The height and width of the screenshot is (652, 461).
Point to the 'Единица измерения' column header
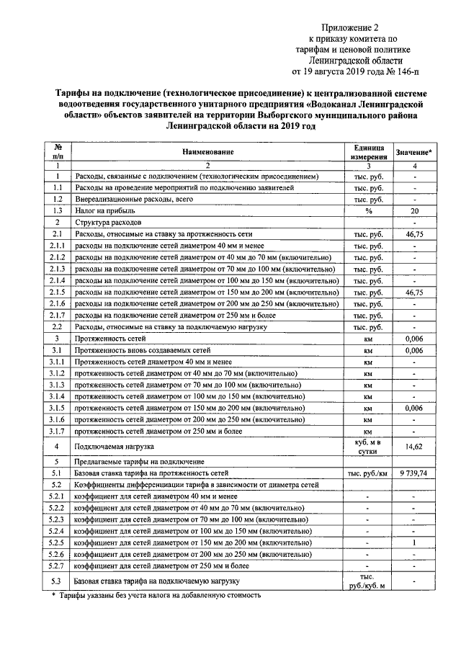(367, 152)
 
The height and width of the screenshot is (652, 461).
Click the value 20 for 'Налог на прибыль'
(414, 210)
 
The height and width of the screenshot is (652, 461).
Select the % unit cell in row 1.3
(367, 210)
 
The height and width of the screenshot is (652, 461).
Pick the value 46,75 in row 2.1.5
(414, 292)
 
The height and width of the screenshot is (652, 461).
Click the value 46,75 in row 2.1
(414, 234)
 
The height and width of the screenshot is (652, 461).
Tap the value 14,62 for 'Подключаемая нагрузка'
(414, 447)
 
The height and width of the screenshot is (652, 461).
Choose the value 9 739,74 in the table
(414, 473)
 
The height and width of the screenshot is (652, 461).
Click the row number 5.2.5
(57, 542)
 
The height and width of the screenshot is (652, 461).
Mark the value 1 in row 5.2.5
(414, 542)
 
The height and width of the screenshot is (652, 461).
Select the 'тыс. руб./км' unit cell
(367, 473)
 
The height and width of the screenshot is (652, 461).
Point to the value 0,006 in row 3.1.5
(414, 408)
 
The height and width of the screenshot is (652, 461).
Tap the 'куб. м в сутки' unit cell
(367, 447)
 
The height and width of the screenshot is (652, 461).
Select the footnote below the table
(156, 596)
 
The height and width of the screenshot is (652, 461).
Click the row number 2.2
(57, 327)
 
